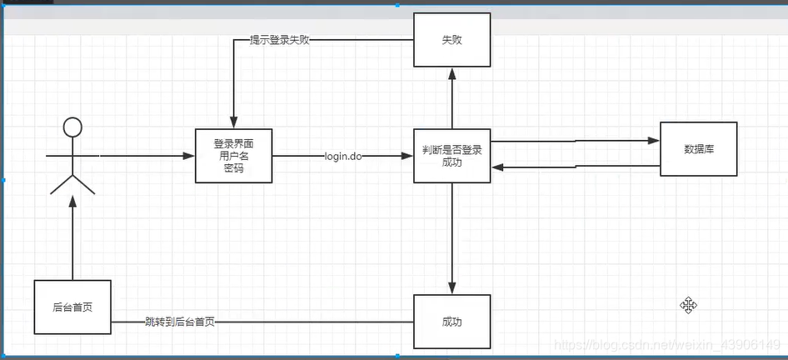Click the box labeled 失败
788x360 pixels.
click(452, 40)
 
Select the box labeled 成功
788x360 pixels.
click(452, 322)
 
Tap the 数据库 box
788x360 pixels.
click(698, 149)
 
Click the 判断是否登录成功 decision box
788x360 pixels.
click(452, 156)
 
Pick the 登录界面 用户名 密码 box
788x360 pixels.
click(233, 156)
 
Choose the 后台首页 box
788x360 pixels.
click(72, 307)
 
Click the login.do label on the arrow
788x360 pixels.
click(342, 156)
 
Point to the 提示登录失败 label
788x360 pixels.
click(279, 39)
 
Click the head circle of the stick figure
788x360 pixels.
click(72, 127)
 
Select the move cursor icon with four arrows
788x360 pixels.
click(688, 306)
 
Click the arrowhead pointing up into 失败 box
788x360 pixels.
click(452, 74)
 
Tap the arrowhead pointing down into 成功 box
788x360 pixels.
click(452, 288)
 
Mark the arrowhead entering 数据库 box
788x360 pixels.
click(653, 141)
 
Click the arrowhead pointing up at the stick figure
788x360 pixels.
click(72, 200)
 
